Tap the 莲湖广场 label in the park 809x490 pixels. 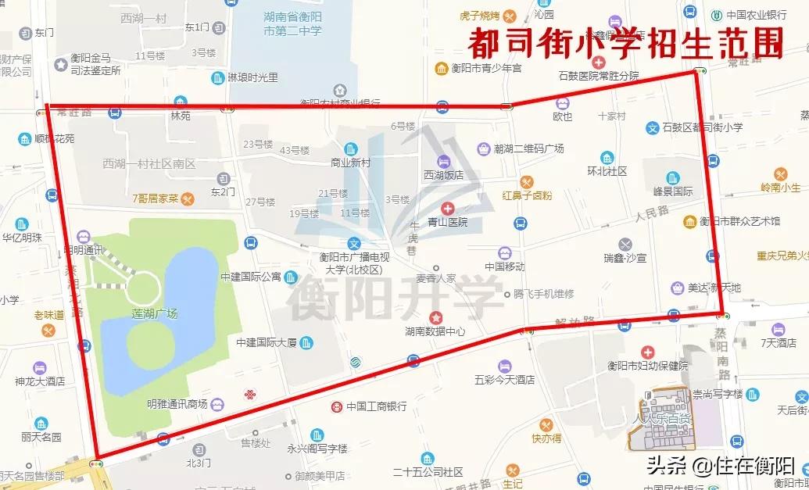155,313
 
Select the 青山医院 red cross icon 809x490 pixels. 447,208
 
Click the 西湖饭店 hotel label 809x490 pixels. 443,175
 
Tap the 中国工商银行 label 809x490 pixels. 377,406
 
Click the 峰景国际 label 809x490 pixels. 673,191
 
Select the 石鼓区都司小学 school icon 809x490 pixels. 653,127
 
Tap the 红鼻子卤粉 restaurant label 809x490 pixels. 527,195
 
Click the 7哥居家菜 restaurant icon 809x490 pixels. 188,199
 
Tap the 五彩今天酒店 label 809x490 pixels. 504,380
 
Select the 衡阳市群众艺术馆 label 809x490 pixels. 739,222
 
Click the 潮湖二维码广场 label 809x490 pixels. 528,148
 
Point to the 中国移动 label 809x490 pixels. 504,266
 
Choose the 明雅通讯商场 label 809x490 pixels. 177,404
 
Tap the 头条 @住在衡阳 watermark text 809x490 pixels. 719,466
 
